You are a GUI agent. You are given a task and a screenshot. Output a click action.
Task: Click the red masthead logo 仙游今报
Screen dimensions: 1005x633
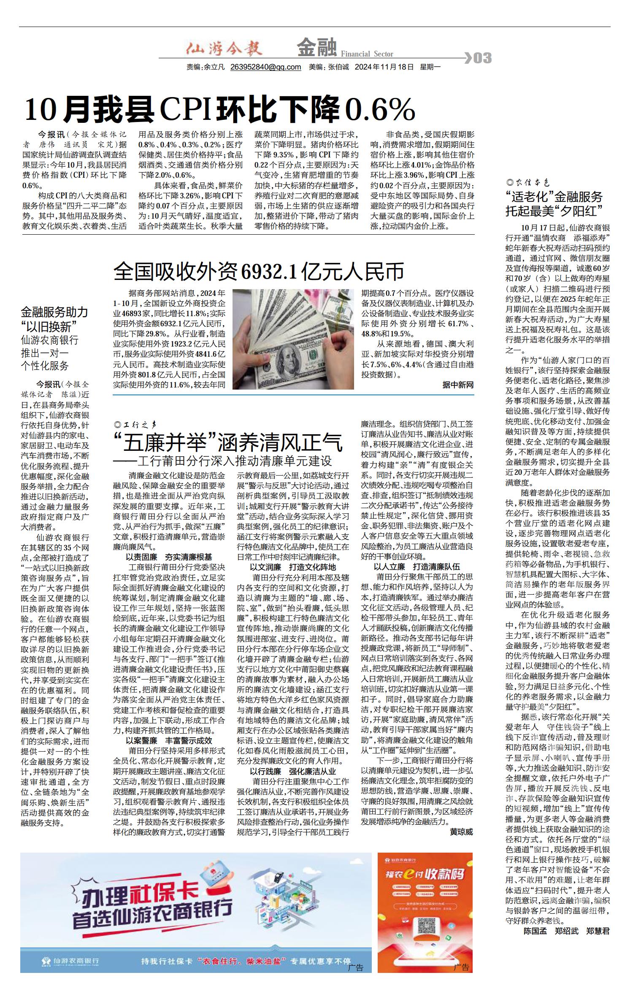click(x=224, y=49)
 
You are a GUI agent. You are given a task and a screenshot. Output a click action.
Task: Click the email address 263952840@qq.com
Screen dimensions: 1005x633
click(x=265, y=67)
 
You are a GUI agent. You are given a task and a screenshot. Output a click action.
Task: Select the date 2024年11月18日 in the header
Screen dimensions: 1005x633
click(x=384, y=67)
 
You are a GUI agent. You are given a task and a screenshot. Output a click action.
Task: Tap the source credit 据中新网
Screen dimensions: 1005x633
click(x=458, y=385)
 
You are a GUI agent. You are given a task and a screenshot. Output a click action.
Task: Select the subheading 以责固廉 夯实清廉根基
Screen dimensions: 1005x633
click(x=169, y=557)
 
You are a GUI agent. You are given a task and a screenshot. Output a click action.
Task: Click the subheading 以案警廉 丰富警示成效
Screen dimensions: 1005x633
click(x=169, y=740)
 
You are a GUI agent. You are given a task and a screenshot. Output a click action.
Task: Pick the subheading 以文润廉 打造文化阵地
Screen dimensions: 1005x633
click(x=293, y=567)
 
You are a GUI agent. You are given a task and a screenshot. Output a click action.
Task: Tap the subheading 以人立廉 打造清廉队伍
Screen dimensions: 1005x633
click(x=417, y=567)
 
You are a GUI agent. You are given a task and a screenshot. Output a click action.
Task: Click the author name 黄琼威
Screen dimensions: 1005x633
click(x=461, y=832)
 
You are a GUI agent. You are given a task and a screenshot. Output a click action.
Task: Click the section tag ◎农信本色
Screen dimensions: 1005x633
click(x=527, y=183)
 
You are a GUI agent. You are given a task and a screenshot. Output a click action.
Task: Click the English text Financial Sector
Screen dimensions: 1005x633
click(x=367, y=54)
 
